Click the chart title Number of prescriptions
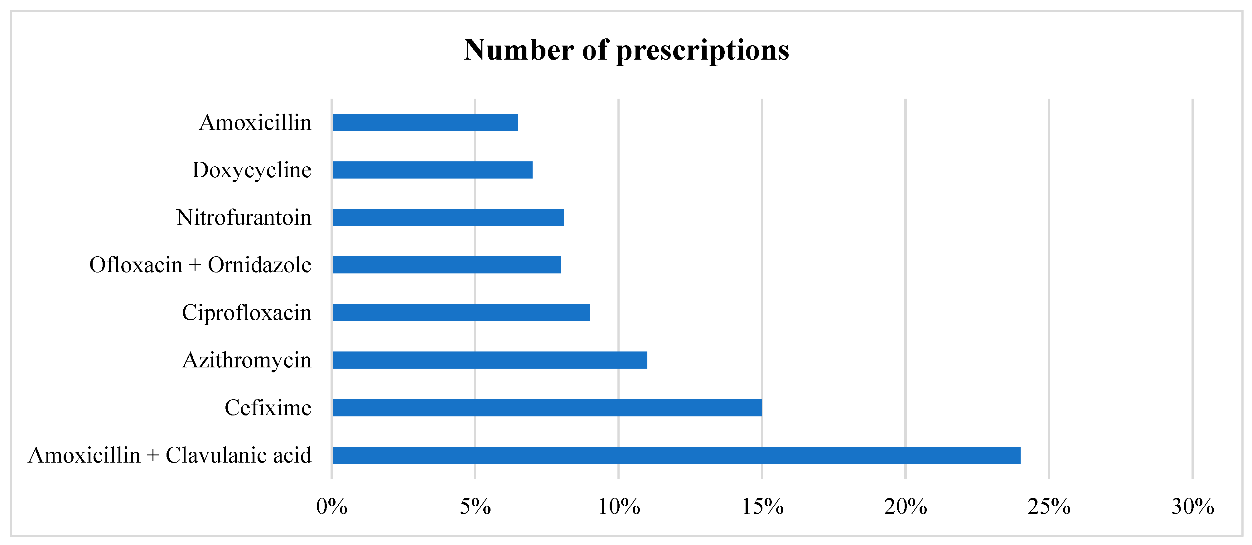(x=626, y=50)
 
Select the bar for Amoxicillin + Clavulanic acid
(x=676, y=455)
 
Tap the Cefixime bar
(x=547, y=408)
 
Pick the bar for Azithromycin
(x=490, y=360)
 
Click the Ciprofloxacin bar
(x=461, y=312)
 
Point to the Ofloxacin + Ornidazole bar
(x=447, y=265)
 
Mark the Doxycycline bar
(x=432, y=170)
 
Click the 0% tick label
(x=331, y=507)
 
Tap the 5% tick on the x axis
(x=475, y=507)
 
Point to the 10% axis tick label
(x=618, y=507)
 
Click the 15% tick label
(x=762, y=507)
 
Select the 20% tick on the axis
(x=906, y=507)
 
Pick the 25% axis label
(x=1049, y=507)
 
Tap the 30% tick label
(x=1192, y=507)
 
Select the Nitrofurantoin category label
(x=244, y=218)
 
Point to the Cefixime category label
(x=268, y=408)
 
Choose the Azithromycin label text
(x=247, y=361)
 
